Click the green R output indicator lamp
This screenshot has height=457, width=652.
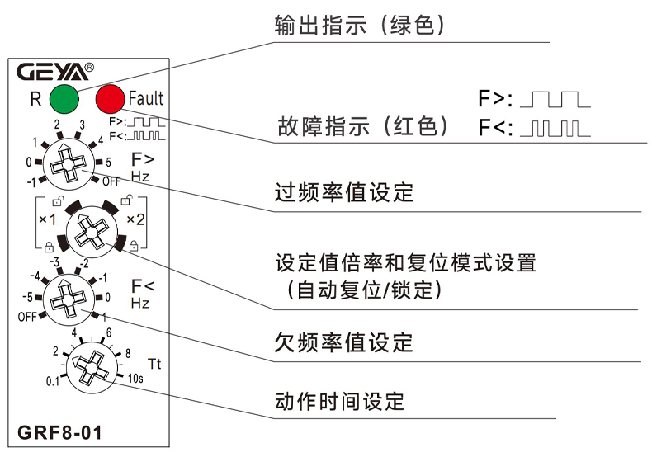click(x=64, y=99)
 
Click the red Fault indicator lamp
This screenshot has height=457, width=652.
click(x=110, y=99)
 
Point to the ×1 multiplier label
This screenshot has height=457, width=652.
click(x=48, y=219)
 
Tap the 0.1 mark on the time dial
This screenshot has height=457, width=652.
click(x=54, y=381)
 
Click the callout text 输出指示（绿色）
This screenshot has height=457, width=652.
click(x=361, y=26)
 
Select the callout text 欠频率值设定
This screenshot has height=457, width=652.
click(x=343, y=341)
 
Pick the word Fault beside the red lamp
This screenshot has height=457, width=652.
click(x=146, y=99)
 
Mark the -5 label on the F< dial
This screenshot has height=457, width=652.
click(x=28, y=297)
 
